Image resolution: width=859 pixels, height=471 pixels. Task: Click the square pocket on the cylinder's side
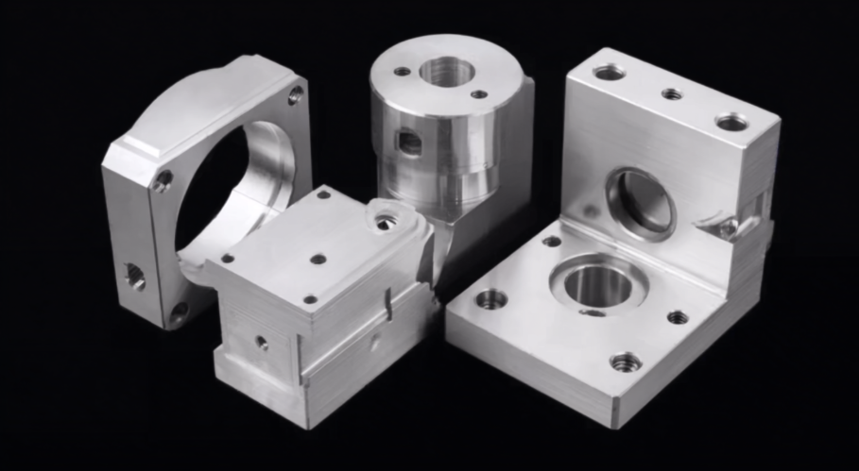[x=407, y=142]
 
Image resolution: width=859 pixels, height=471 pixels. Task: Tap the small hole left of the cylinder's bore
[x=403, y=71]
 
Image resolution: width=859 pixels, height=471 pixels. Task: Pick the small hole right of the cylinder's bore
[x=479, y=93]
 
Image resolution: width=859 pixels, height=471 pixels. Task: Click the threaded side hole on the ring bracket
[x=134, y=276]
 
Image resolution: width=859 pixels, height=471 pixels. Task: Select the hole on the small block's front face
[x=261, y=343]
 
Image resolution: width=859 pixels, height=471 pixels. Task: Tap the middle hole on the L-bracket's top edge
[x=672, y=93]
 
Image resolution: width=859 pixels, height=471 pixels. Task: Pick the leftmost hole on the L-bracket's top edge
[x=609, y=72]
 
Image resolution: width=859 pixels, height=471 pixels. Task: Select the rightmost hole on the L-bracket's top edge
[x=732, y=122]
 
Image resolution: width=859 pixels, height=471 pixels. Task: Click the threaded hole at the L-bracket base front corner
[x=625, y=361]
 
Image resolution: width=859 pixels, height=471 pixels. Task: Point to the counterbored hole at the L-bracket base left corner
[x=490, y=299]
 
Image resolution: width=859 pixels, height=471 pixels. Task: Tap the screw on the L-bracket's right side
[x=728, y=227]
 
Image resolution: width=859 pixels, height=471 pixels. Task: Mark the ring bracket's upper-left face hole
[x=163, y=179]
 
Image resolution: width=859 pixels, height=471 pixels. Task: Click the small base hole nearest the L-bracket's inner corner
[x=552, y=242]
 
